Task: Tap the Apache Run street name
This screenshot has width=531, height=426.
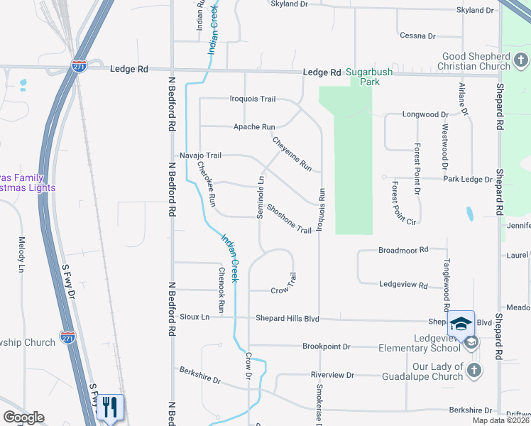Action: point(254,127)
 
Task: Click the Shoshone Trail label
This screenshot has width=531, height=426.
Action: point(290,221)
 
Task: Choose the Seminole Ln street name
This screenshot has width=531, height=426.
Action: point(261,197)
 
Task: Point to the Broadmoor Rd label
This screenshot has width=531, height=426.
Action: point(404,250)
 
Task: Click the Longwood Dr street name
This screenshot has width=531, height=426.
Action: point(426,114)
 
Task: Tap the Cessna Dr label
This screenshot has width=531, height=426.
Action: point(417,35)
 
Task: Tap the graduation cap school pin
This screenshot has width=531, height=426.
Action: point(461,324)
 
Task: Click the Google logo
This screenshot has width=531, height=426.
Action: point(23,417)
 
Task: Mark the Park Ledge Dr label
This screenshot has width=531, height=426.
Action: point(467,180)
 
